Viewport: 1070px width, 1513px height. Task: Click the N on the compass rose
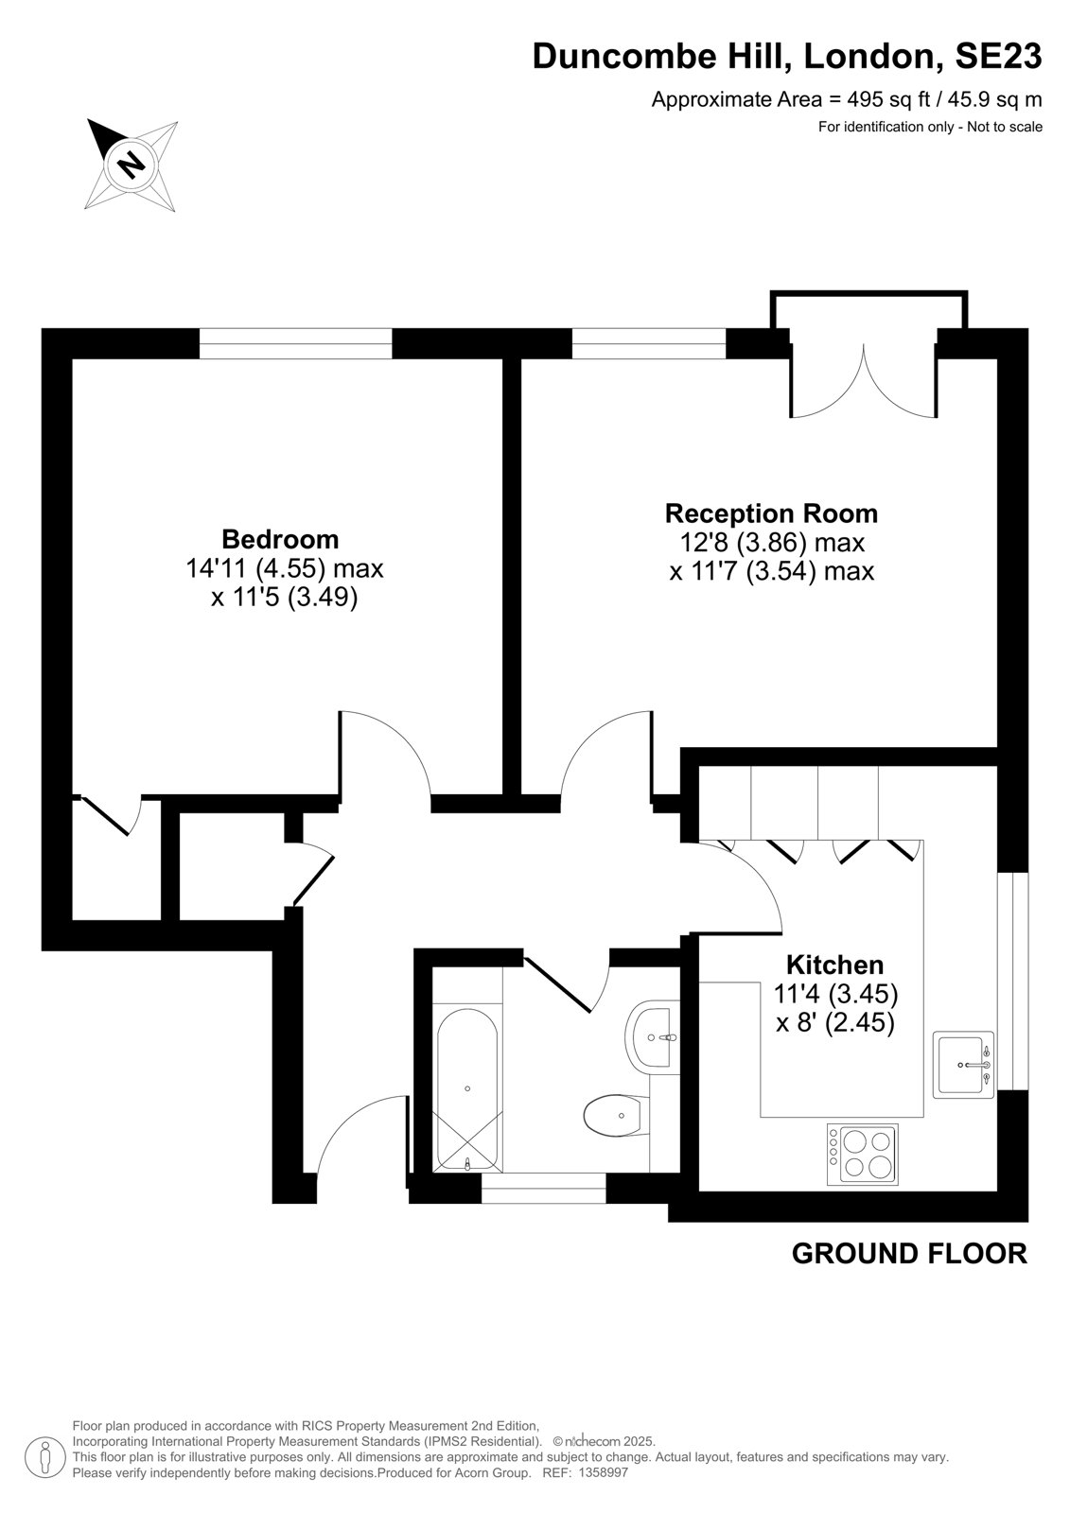(x=132, y=164)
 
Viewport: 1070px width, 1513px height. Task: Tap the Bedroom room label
(x=281, y=539)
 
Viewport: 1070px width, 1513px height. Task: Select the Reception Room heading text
(x=771, y=513)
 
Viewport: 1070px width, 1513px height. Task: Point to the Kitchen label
(x=835, y=965)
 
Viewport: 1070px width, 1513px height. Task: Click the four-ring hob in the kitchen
(x=863, y=1155)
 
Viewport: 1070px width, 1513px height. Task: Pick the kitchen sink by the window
(x=963, y=1065)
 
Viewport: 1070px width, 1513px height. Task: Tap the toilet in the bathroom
(x=616, y=1115)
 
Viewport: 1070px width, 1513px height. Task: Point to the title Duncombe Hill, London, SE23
(x=787, y=56)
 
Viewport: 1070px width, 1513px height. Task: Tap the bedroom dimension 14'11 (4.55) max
(x=285, y=568)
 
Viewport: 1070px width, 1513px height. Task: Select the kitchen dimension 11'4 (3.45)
(x=835, y=994)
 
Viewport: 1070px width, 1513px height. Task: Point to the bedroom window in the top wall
(x=295, y=343)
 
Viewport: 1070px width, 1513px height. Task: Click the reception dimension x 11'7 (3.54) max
(x=772, y=571)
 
